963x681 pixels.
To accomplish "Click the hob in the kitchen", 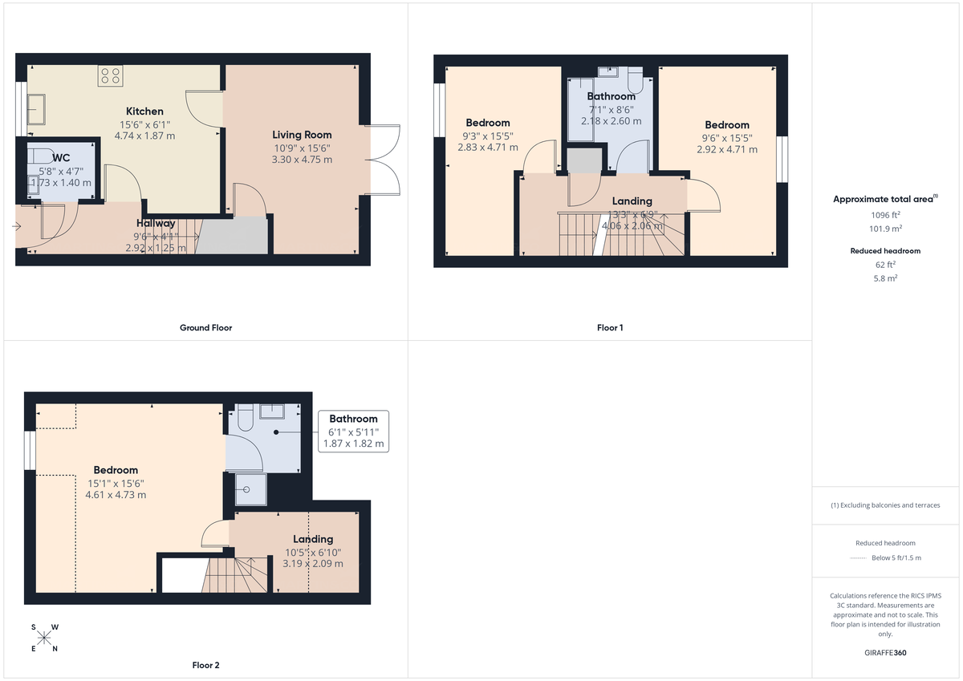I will (111, 76).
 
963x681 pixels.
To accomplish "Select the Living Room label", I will (302, 135).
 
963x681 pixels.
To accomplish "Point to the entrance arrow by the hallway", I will (18, 227).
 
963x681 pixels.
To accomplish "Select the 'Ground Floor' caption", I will (205, 327).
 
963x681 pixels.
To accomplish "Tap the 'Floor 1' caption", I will (610, 327).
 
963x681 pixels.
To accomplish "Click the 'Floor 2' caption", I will (205, 665).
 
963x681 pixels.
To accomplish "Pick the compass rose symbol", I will (44, 638).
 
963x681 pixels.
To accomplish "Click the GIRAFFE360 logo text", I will (886, 653).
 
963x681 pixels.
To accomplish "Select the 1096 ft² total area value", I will (886, 215).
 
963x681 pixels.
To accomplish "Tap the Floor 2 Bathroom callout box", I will (353, 431).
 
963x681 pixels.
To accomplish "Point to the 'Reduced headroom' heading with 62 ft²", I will (886, 251).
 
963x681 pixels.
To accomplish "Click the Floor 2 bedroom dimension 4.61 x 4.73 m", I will (116, 495).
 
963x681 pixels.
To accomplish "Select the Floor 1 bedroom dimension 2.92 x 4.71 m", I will (727, 149).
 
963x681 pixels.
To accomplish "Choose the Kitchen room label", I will (144, 111).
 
